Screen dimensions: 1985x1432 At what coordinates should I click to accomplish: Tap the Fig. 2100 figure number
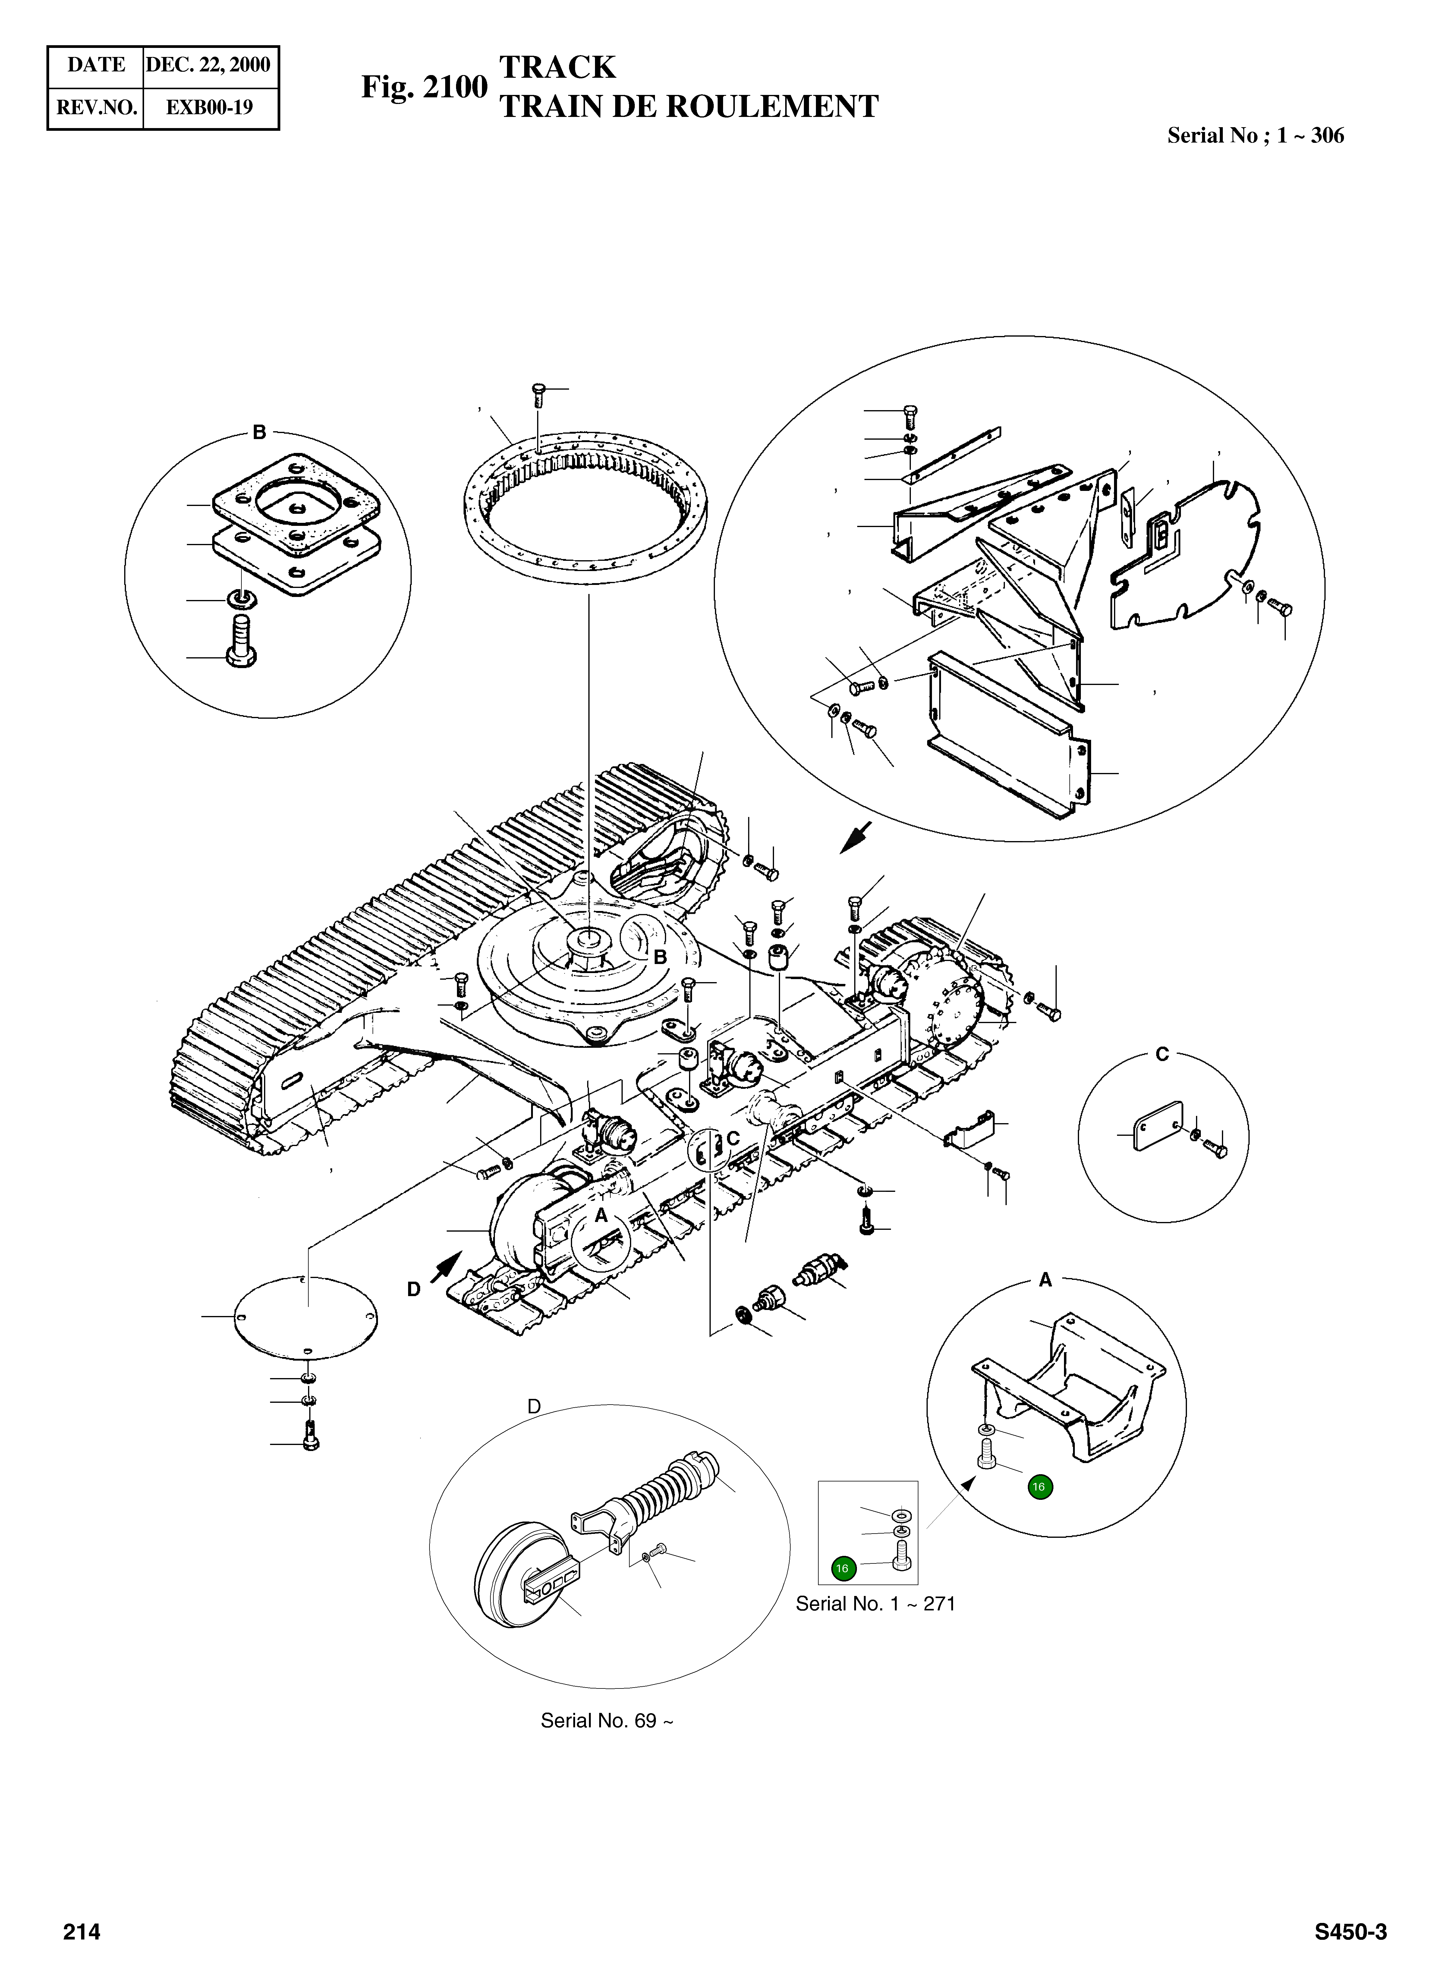coord(424,87)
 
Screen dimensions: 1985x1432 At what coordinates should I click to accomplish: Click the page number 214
coord(81,1925)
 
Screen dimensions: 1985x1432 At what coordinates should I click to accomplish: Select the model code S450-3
coord(1350,1925)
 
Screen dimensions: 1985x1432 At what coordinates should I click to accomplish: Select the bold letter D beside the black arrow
coord(414,1289)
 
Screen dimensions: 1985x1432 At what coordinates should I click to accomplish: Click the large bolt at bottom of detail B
coord(240,641)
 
